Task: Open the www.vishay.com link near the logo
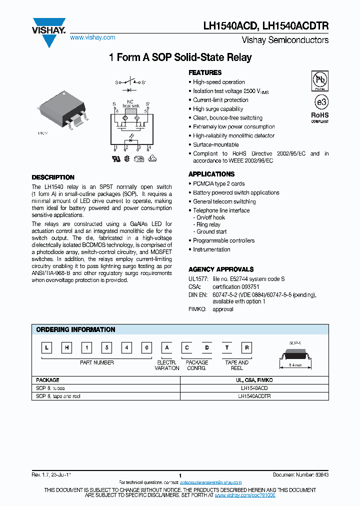pyautogui.click(x=92, y=37)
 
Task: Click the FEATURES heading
pyautogui.click(x=205, y=72)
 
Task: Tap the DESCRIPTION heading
pyautogui.click(x=53, y=177)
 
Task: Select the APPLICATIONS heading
pyautogui.click(x=211, y=174)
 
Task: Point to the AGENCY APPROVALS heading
pyautogui.click(x=221, y=269)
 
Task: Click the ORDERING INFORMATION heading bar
pyautogui.click(x=76, y=329)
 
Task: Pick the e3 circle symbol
pyautogui.click(x=320, y=101)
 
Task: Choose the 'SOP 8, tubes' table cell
pyautogui.click(x=50, y=388)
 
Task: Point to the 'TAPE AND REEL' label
pyautogui.click(x=237, y=365)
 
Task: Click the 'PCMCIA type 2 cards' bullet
pyautogui.click(x=218, y=183)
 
